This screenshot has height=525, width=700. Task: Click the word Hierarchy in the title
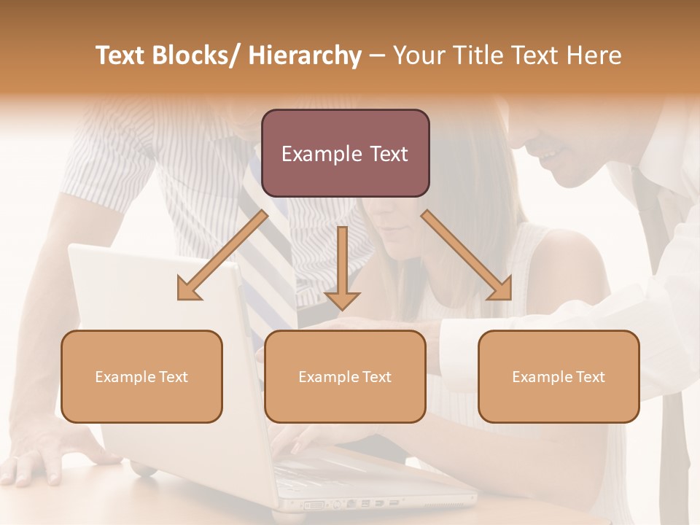tap(305, 55)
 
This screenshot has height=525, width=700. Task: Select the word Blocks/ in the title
tap(195, 55)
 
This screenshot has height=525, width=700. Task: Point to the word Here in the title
tap(595, 55)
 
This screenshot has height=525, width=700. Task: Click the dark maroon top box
tap(345, 153)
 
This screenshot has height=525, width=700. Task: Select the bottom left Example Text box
tap(141, 376)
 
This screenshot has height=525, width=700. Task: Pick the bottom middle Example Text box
tap(345, 376)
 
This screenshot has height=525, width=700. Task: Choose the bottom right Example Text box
tap(559, 376)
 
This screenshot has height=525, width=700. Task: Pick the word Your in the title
tap(419, 55)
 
